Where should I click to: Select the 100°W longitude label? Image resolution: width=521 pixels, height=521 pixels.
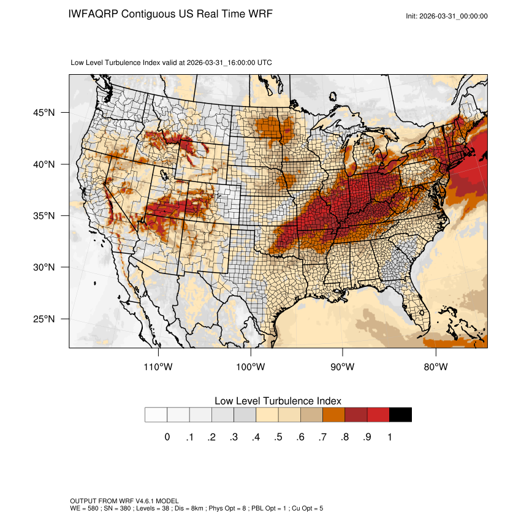point(251,367)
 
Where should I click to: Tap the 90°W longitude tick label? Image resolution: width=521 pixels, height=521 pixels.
point(343,367)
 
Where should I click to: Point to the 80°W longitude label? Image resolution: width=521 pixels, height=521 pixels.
point(435,367)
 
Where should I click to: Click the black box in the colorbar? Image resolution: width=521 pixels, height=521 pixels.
point(401,415)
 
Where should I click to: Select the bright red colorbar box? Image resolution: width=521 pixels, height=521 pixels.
point(378,415)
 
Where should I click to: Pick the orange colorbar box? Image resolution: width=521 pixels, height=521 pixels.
point(334,415)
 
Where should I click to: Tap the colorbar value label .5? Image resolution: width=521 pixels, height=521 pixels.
point(278,437)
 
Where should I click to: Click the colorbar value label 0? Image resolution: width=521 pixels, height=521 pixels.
point(167,437)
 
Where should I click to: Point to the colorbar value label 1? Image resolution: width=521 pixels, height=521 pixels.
point(390,437)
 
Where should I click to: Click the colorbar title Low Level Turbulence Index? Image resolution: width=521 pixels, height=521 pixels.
point(278,400)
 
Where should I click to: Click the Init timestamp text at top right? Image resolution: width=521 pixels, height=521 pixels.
point(447,16)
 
